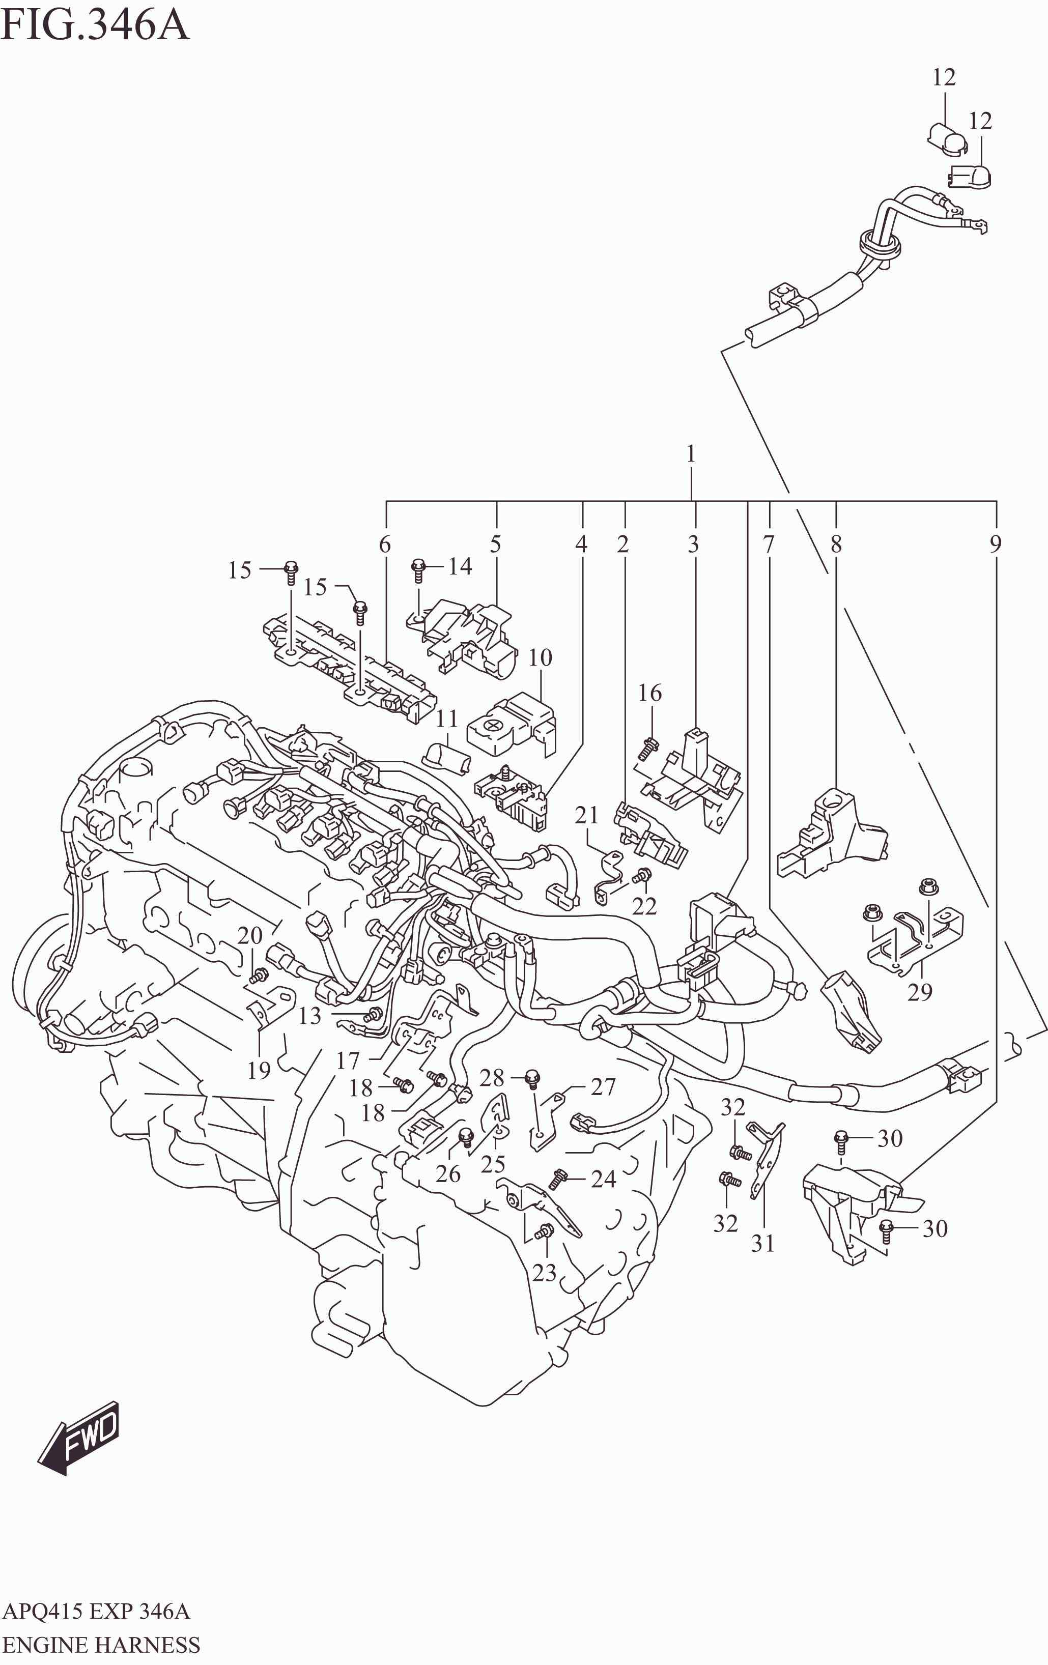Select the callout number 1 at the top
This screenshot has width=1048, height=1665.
[x=690, y=454]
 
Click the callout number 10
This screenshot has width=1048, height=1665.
[x=540, y=657]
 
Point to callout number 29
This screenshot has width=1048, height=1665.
[x=919, y=992]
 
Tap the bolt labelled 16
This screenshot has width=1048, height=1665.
[x=648, y=745]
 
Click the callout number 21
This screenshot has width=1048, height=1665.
[x=586, y=816]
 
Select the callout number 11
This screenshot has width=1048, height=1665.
[x=447, y=719]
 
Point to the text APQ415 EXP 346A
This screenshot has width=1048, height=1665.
[x=96, y=1612]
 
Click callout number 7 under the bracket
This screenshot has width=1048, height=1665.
[x=769, y=545]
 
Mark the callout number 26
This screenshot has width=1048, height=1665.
[x=447, y=1174]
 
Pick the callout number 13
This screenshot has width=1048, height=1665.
[x=310, y=1016]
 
